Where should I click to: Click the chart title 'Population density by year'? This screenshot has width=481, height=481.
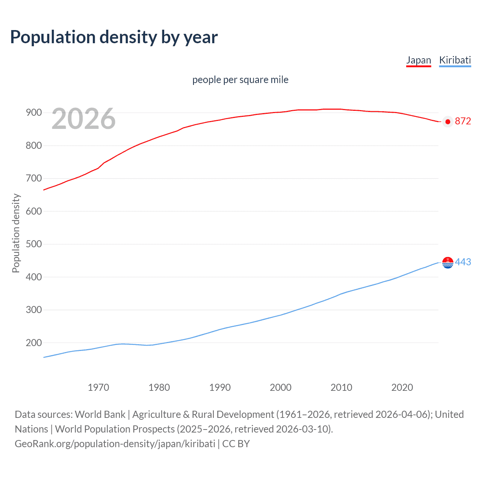pyautogui.click(x=114, y=37)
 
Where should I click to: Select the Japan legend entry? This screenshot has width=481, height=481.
pyautogui.click(x=418, y=60)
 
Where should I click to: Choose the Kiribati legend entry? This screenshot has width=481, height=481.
pyautogui.click(x=455, y=60)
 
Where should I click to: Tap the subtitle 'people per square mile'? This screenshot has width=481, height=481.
pyautogui.click(x=240, y=80)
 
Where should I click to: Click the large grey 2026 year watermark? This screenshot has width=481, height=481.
pyautogui.click(x=83, y=119)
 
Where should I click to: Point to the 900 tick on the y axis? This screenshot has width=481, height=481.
pyautogui.click(x=33, y=113)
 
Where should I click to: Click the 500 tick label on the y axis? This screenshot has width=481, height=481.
pyautogui.click(x=33, y=244)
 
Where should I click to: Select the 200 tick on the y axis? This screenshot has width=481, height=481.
pyautogui.click(x=33, y=343)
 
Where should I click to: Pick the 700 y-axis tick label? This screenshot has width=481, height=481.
pyautogui.click(x=33, y=178)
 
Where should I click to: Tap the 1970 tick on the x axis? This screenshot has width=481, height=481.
pyautogui.click(x=98, y=387)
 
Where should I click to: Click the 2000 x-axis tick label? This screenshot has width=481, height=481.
pyautogui.click(x=280, y=387)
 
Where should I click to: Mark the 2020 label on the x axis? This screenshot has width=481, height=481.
pyautogui.click(x=402, y=387)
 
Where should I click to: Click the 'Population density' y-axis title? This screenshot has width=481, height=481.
pyautogui.click(x=16, y=233)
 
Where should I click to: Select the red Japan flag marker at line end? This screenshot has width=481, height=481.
pyautogui.click(x=448, y=121)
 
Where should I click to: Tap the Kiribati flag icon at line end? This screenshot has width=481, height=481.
pyautogui.click(x=448, y=263)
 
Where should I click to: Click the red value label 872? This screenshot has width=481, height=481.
pyautogui.click(x=463, y=121)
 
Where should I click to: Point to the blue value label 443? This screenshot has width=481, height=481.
pyautogui.click(x=463, y=262)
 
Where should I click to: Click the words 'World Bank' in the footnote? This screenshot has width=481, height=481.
pyautogui.click(x=100, y=414)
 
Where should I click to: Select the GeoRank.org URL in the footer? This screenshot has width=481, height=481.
pyautogui.click(x=115, y=444)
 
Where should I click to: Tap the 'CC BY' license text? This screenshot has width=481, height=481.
pyautogui.click(x=236, y=444)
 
